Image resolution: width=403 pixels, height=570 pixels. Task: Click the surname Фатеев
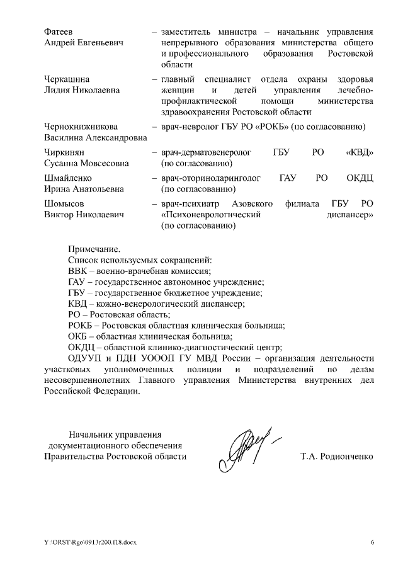click(x=59, y=31)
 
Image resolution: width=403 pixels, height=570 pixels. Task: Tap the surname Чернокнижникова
click(x=81, y=127)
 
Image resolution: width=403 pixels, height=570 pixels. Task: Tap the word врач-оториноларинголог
click(x=212, y=178)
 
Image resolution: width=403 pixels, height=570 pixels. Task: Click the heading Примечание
click(x=94, y=249)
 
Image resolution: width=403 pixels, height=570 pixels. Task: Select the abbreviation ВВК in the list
click(x=77, y=271)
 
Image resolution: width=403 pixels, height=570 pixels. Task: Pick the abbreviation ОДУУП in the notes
click(x=84, y=358)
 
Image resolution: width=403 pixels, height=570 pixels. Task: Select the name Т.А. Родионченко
click(x=337, y=457)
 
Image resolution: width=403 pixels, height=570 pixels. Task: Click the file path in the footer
click(x=86, y=542)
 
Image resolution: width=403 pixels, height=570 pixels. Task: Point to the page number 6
click(x=372, y=542)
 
